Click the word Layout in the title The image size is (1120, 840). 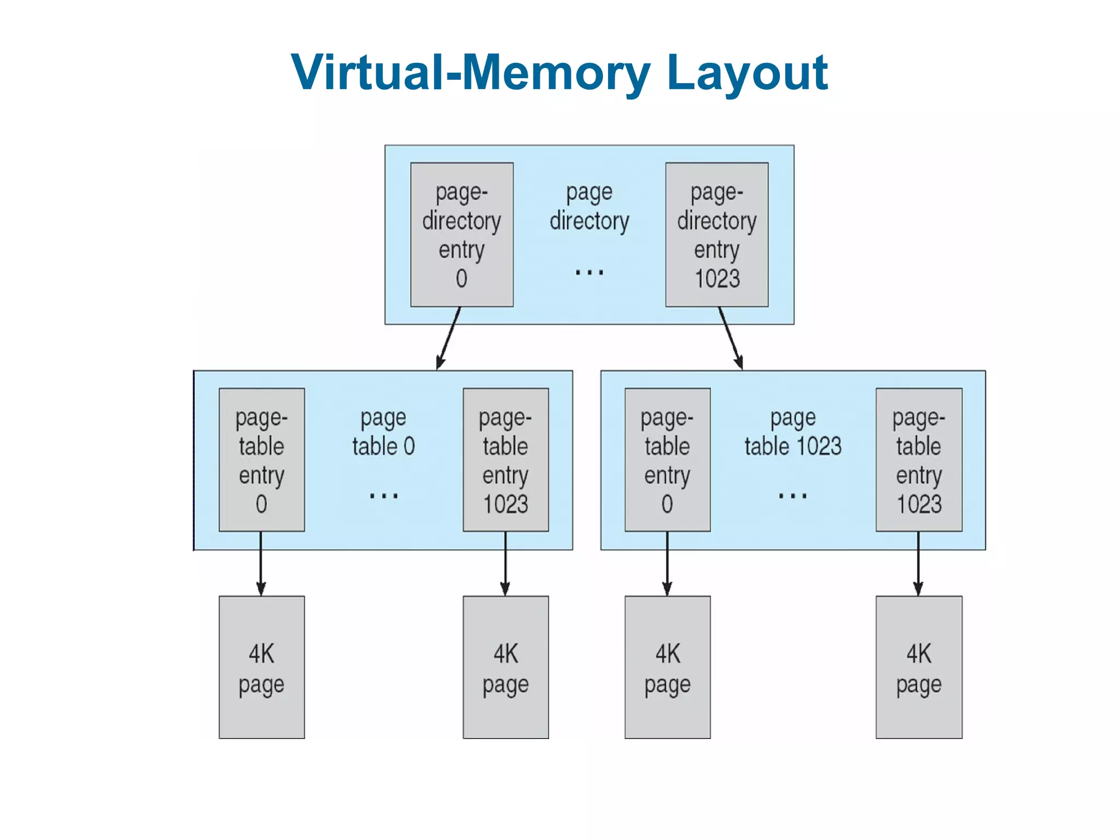[x=747, y=73]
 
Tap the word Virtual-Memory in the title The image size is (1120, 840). [x=470, y=73]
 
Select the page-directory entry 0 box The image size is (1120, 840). [x=462, y=235]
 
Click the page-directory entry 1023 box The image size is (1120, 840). [x=716, y=235]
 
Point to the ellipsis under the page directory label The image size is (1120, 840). [x=589, y=272]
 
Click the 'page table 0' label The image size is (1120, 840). [x=383, y=432]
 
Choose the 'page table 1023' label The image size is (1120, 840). [x=792, y=432]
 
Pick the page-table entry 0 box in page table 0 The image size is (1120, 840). [x=261, y=460]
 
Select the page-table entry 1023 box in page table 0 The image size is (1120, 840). [x=505, y=460]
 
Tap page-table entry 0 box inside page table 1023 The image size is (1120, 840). [x=667, y=460]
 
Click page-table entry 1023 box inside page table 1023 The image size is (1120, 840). [x=919, y=460]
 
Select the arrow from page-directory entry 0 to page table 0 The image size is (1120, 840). [x=449, y=338]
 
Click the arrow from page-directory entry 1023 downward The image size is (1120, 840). [x=731, y=338]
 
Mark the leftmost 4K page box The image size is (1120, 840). [x=261, y=667]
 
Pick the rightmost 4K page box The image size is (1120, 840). [x=919, y=667]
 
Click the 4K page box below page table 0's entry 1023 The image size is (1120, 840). [x=505, y=667]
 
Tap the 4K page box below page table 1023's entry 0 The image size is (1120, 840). [x=667, y=667]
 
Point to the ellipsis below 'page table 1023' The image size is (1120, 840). [x=792, y=496]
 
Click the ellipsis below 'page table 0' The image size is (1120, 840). [x=383, y=496]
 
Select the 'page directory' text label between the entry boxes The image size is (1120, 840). [x=589, y=207]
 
